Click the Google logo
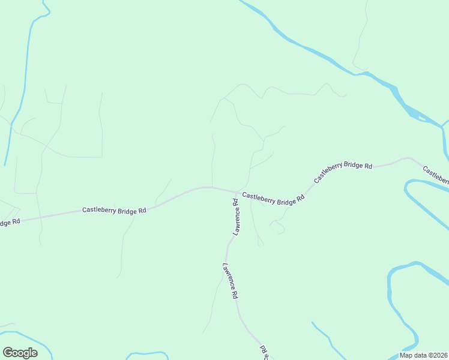(x=20, y=353)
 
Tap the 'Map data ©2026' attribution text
(x=424, y=355)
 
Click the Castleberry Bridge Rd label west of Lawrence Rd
(x=114, y=211)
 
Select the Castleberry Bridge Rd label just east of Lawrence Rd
(x=273, y=198)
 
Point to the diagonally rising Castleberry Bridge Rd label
(x=343, y=172)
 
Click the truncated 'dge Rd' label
(x=10, y=222)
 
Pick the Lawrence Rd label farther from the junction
(x=231, y=281)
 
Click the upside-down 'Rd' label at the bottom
(x=264, y=352)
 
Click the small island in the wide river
(x=423, y=118)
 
